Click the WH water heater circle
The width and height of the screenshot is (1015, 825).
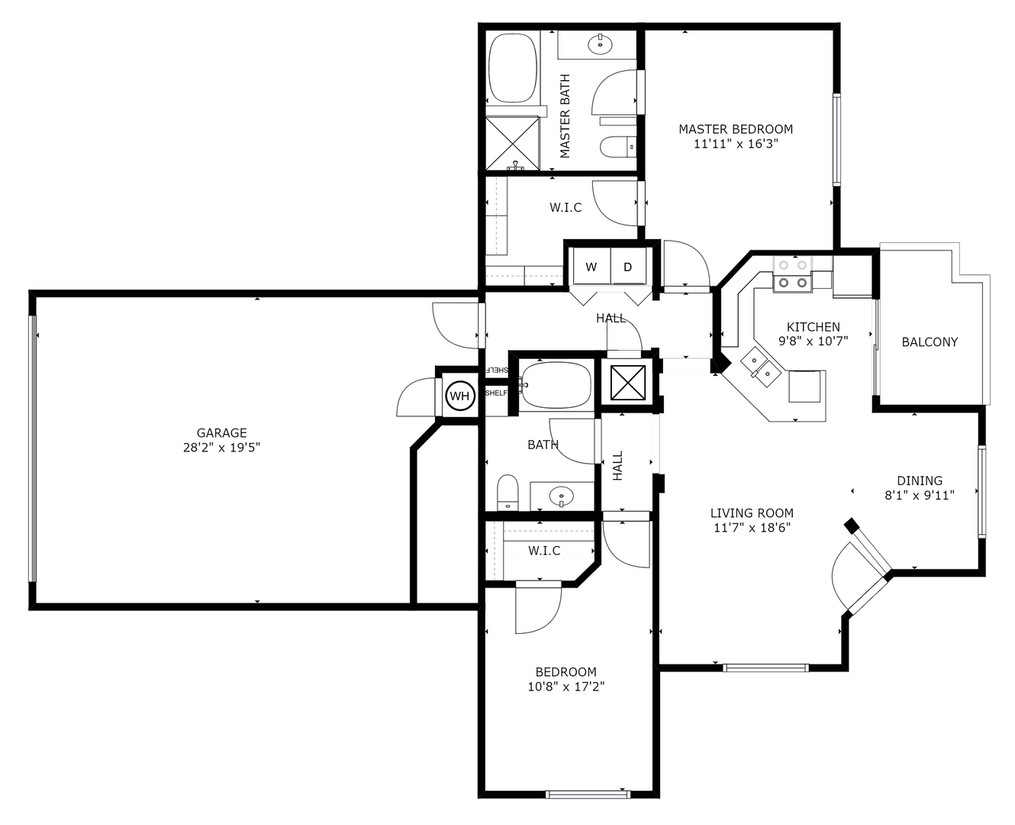click(x=459, y=396)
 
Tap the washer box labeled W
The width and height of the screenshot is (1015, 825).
click(x=591, y=267)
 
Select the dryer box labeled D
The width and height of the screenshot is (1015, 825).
click(x=628, y=267)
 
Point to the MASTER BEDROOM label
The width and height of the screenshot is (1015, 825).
click(x=736, y=129)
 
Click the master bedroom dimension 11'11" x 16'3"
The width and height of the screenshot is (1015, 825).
click(x=736, y=143)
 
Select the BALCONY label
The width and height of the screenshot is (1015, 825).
click(x=930, y=342)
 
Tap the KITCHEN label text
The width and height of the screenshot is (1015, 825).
click(x=814, y=327)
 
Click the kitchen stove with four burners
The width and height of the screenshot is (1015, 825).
click(x=791, y=274)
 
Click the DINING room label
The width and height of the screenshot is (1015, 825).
click(x=919, y=480)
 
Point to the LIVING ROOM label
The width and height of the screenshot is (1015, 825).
click(x=752, y=513)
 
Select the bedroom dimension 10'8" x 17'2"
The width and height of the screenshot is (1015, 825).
click(x=565, y=686)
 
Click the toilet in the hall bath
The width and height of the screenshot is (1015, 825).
click(x=507, y=493)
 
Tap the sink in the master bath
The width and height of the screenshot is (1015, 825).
click(x=601, y=44)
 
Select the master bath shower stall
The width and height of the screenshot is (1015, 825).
click(x=513, y=142)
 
